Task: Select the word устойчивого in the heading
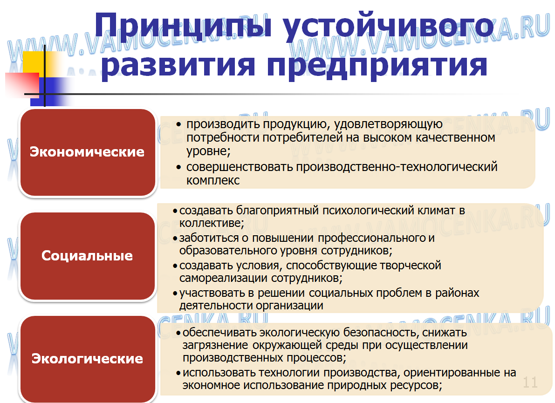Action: [x=388, y=26]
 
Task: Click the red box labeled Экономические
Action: [x=87, y=152]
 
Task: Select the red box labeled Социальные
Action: [x=87, y=256]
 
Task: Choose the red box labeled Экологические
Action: [x=87, y=359]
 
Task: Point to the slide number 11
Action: [x=530, y=383]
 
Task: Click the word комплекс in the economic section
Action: [x=213, y=180]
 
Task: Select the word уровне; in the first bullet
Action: [x=208, y=151]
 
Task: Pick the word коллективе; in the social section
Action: [x=212, y=223]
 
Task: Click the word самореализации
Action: [x=224, y=278]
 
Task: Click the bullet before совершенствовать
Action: [x=179, y=167]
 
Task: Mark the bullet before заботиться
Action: [x=175, y=239]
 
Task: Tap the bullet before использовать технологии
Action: [x=178, y=373]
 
